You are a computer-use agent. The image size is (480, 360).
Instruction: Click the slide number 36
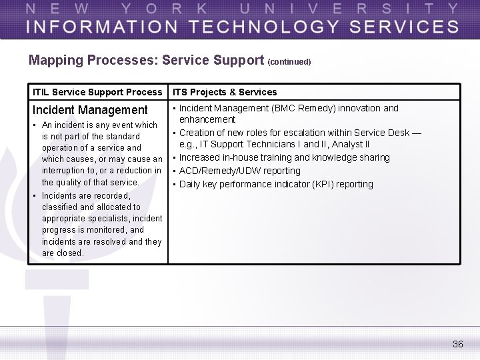(457, 344)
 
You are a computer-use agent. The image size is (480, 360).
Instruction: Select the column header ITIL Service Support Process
(97, 92)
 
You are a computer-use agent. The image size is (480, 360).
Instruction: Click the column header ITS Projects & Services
(225, 92)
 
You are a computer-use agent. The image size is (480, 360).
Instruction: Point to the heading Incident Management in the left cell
(90, 110)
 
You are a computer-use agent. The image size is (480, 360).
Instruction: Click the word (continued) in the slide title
(289, 62)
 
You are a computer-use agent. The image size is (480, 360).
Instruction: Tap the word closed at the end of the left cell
(70, 253)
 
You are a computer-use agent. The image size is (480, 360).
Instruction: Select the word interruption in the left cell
(65, 171)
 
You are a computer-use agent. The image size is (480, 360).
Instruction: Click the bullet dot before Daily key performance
(174, 184)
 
